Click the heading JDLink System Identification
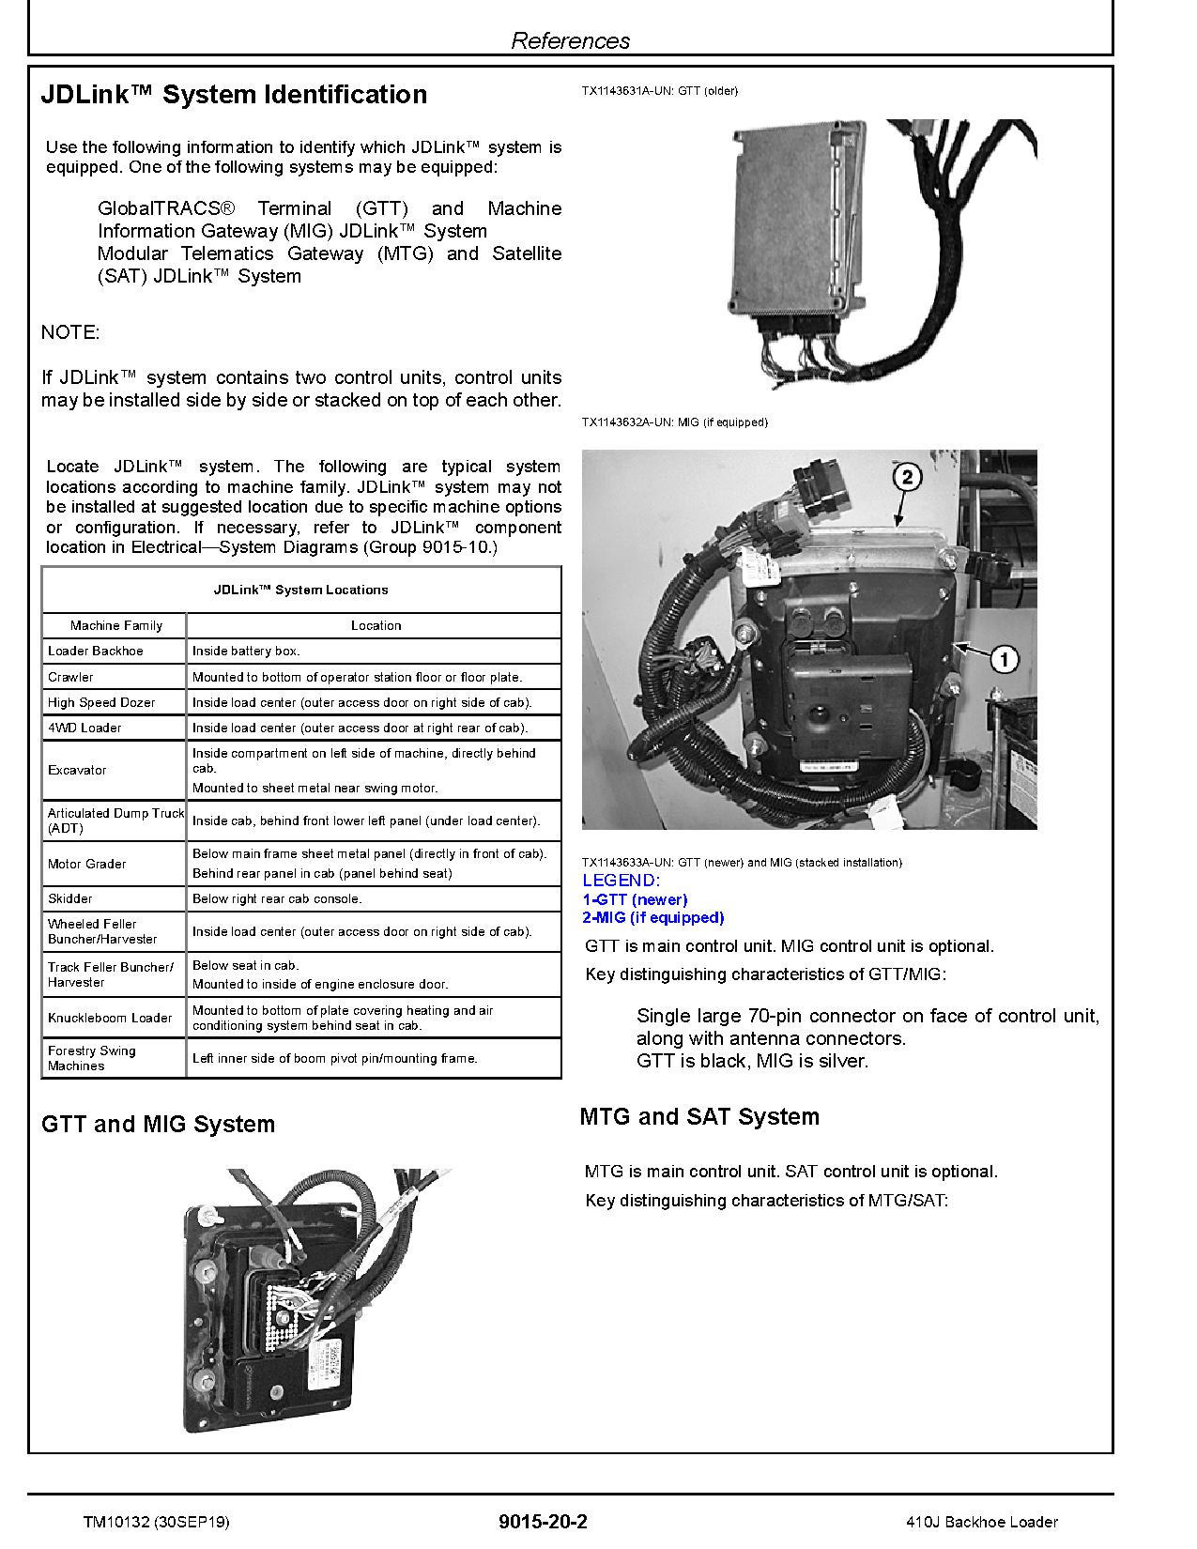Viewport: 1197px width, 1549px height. pyautogui.click(x=234, y=95)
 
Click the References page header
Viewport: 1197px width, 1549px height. pyautogui.click(x=570, y=40)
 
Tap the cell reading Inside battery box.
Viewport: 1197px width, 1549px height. pyautogui.click(x=246, y=651)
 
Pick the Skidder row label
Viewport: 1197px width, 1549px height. pyautogui.click(x=70, y=898)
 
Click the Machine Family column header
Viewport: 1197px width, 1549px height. pyautogui.click(x=115, y=625)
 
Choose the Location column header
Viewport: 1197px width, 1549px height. pyautogui.click(x=376, y=625)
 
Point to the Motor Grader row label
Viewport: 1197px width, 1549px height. pyautogui.click(x=86, y=864)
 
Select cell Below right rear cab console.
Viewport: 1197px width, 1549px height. pyautogui.click(x=277, y=898)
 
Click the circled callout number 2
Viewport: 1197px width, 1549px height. pyautogui.click(x=906, y=477)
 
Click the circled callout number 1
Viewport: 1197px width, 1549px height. pyautogui.click(x=1004, y=660)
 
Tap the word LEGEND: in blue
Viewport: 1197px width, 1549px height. pyautogui.click(x=621, y=881)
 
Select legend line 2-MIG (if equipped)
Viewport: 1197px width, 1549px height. pyautogui.click(x=653, y=917)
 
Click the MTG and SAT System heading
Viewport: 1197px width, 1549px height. pyautogui.click(x=699, y=1116)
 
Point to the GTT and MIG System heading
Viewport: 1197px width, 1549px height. pyautogui.click(x=158, y=1124)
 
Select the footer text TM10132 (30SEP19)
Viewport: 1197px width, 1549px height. pyautogui.click(x=155, y=1522)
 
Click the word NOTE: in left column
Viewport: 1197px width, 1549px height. pyautogui.click(x=70, y=332)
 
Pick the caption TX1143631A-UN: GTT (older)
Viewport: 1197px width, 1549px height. pyautogui.click(x=659, y=91)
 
